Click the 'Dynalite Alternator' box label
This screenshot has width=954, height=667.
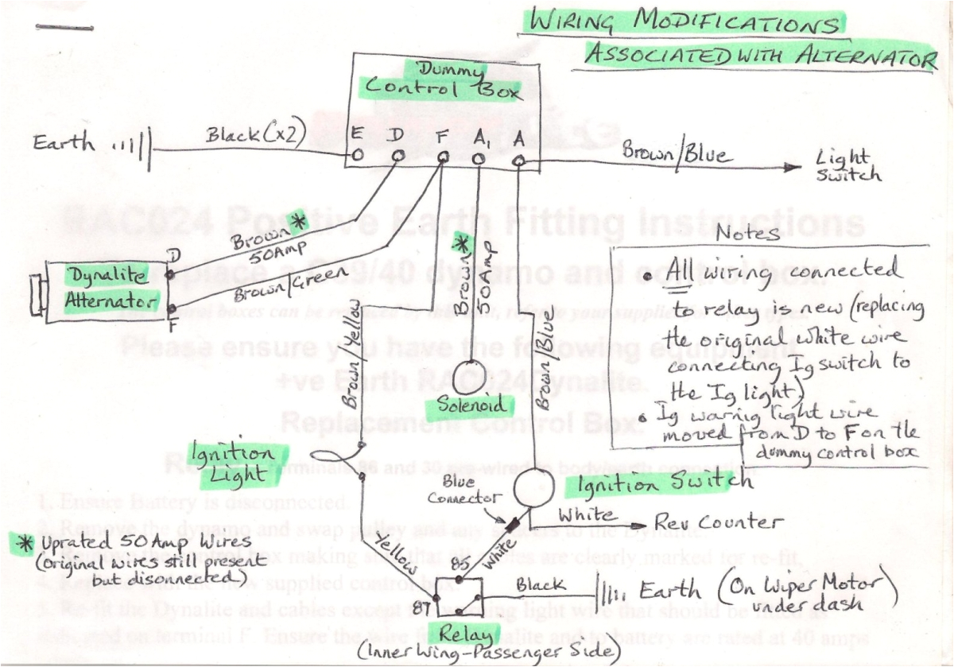[109, 290]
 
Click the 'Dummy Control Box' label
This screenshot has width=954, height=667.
[442, 81]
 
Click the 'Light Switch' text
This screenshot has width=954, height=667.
[848, 165]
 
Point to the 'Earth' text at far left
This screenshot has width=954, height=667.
[64, 144]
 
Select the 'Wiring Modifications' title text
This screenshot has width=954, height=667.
[685, 23]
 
